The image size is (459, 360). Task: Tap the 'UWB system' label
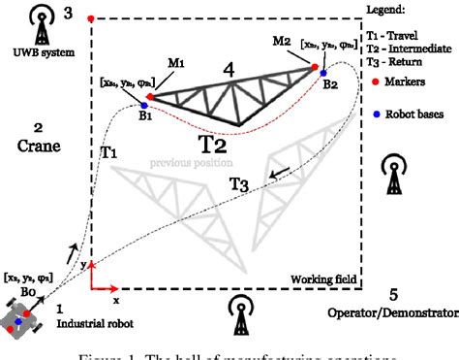[x=37, y=51]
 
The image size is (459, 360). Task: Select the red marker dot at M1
[x=150, y=96]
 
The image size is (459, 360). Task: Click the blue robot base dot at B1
[x=144, y=106]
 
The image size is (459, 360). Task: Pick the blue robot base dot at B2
[x=324, y=74]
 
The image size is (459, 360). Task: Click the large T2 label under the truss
[x=213, y=145]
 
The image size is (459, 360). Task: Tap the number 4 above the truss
[x=227, y=71]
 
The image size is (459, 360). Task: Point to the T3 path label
[x=239, y=183]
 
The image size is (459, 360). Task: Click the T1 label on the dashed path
[x=108, y=153]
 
